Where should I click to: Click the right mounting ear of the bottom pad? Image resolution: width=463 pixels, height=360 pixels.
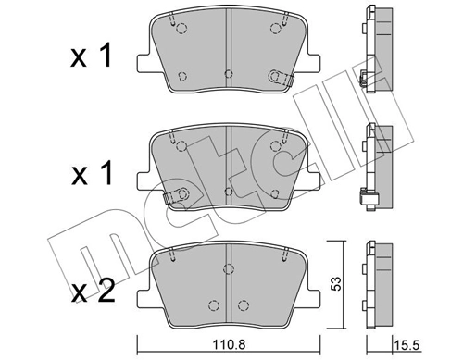pyautogui.click(x=311, y=296)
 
